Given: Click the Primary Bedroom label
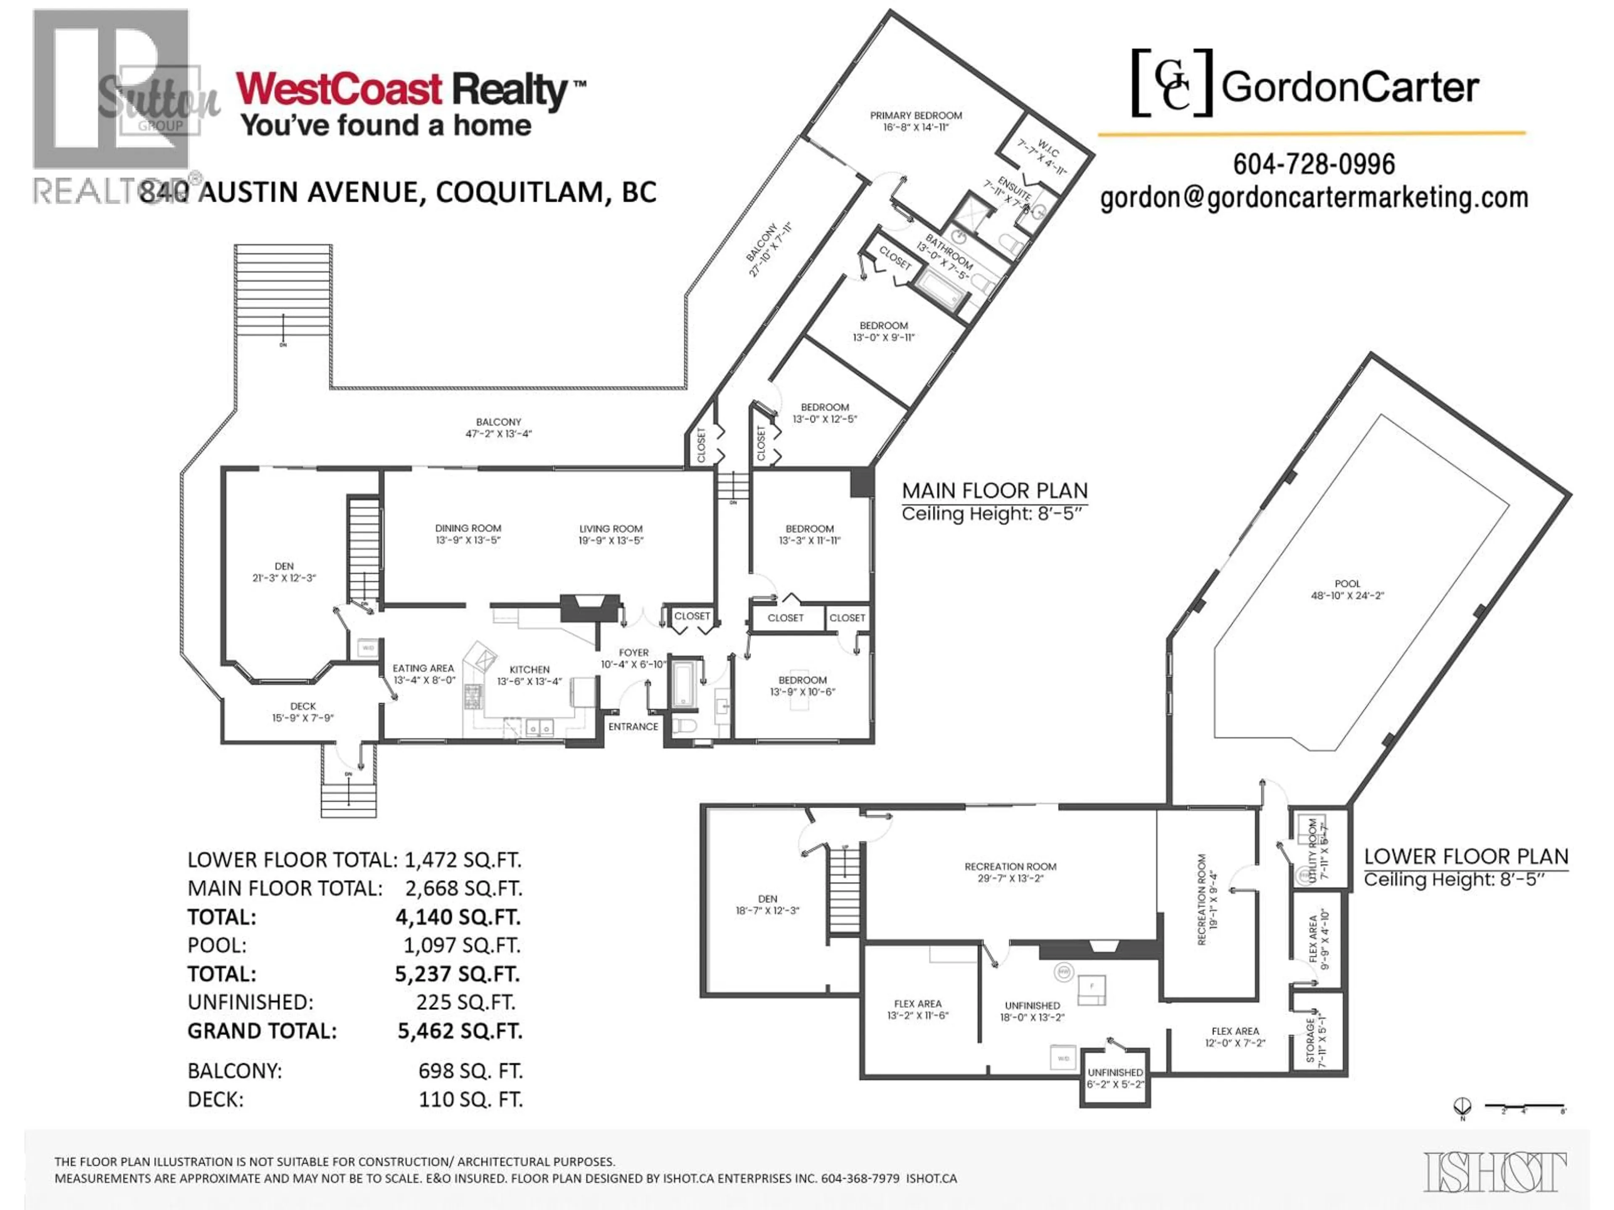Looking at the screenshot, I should (916, 121).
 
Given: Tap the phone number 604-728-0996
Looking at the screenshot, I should (1313, 164).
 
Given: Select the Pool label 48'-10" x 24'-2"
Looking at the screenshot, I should (1347, 589).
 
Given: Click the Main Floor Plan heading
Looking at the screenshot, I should (994, 491).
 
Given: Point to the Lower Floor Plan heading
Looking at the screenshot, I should (1465, 857).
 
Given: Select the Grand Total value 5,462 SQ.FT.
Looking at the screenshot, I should (460, 1031).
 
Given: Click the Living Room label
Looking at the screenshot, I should (611, 534).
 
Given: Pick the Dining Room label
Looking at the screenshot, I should (468, 534).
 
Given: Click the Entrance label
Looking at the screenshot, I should (633, 726).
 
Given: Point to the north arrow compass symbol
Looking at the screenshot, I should (1462, 1106).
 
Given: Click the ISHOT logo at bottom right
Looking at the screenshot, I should (1494, 1172).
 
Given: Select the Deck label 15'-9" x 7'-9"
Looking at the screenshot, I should (303, 712).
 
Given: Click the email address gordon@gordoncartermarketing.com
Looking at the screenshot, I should (1313, 197).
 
